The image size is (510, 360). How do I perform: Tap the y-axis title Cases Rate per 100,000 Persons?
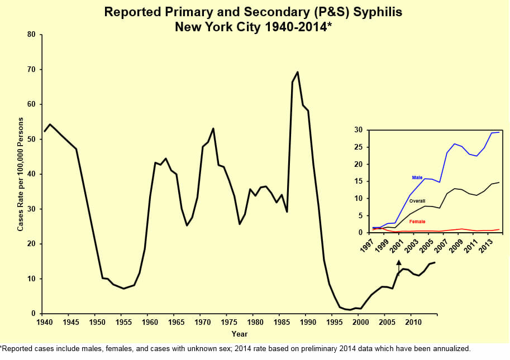(x=21, y=174)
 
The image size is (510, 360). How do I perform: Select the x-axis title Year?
(x=240, y=334)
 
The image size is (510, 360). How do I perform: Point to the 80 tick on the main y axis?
(x=31, y=35)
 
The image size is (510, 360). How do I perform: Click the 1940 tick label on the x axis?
(x=43, y=323)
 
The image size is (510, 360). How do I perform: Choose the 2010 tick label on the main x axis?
(x=412, y=323)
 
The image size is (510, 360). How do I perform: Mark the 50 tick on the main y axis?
(x=31, y=140)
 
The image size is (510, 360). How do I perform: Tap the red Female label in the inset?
(x=417, y=222)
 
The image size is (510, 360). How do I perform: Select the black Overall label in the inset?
(x=417, y=200)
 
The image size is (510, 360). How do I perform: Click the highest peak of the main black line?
(x=297, y=72)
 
